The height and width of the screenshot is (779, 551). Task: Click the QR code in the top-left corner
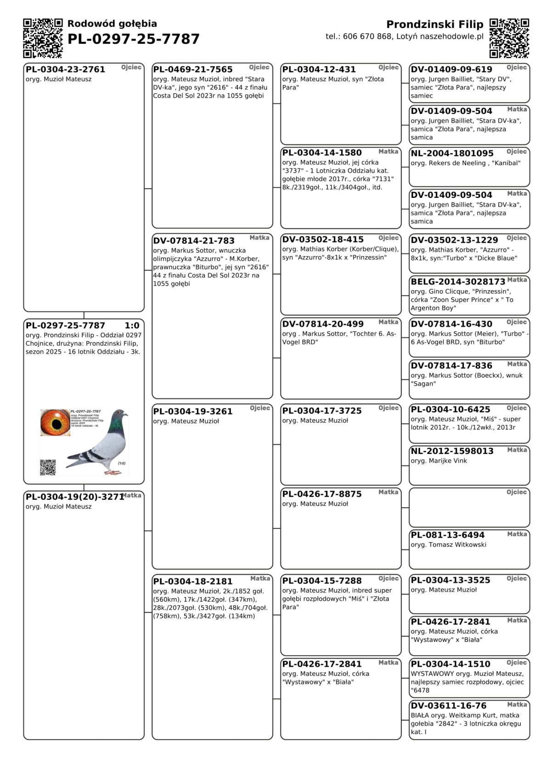pos(43,38)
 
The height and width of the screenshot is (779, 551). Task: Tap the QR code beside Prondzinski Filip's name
pos(509,38)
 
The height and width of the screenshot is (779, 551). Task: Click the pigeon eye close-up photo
pos(55,422)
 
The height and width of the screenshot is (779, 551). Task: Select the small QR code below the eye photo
pos(48,467)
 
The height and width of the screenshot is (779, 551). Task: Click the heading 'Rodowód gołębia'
pos(112,24)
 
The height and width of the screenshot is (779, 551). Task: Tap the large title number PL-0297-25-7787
pos(134,39)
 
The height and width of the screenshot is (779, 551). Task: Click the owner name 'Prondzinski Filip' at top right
pos(434,24)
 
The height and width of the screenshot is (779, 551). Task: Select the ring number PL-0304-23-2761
pos(65,69)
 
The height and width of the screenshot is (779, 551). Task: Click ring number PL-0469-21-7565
pos(193,69)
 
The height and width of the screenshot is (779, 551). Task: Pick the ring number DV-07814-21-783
pos(194,241)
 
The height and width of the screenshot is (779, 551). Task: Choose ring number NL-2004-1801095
pos(452,153)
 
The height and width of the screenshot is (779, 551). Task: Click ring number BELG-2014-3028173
pos(458,281)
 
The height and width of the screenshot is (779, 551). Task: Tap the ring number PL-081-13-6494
pos(447,535)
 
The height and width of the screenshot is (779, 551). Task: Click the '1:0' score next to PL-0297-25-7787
pos(132,325)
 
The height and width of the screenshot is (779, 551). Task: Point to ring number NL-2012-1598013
pos(452,451)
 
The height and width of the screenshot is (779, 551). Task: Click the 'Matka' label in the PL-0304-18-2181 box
pos(260,578)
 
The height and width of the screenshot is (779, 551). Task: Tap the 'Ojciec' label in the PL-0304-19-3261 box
pos(260,408)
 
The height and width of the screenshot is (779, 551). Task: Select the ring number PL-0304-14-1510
pos(450,664)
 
